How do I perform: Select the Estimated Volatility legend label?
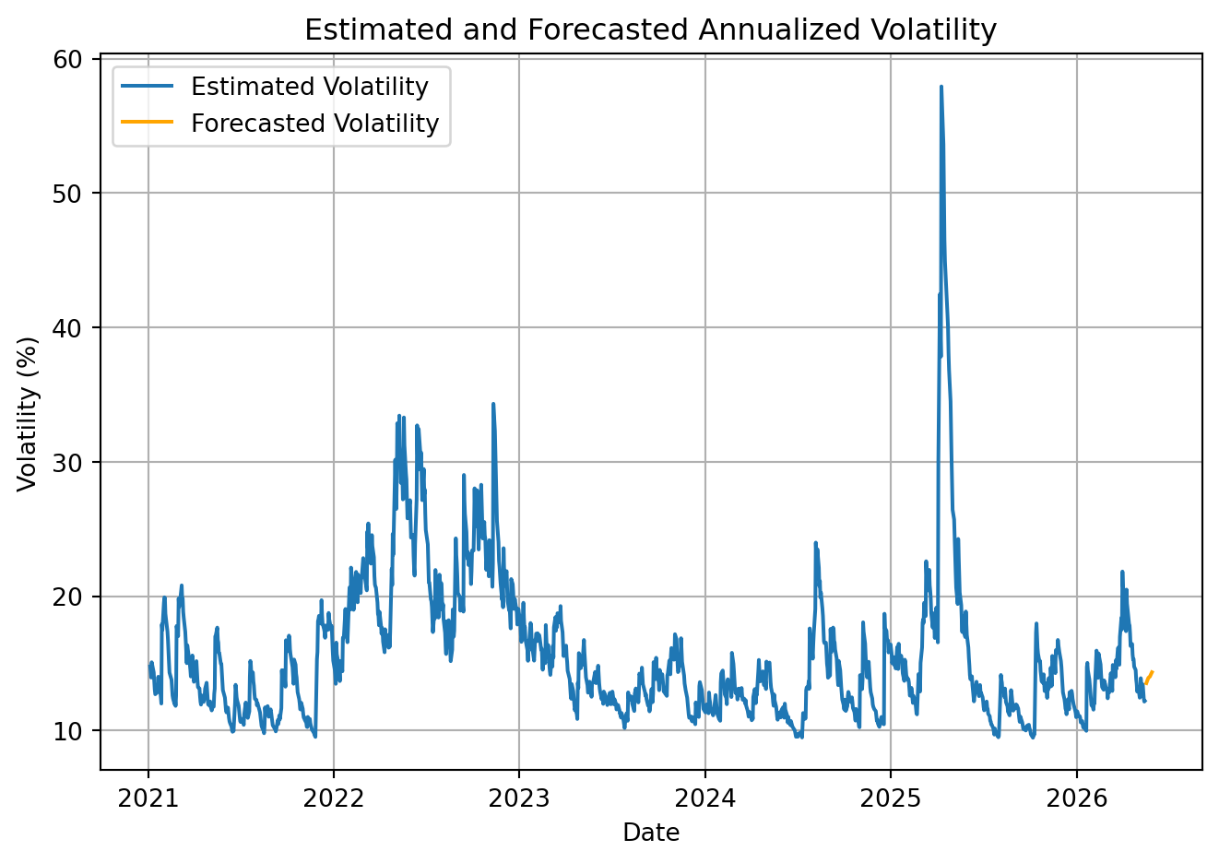[x=310, y=87]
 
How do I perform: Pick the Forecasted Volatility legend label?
[x=315, y=123]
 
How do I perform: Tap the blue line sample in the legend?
[x=147, y=86]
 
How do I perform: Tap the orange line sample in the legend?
[x=147, y=122]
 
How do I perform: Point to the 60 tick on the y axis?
[x=67, y=60]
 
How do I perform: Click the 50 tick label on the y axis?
[x=67, y=194]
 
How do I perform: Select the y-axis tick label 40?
[x=67, y=328]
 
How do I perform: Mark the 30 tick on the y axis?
[x=67, y=463]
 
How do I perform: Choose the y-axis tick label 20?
[x=67, y=597]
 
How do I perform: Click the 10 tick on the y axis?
[x=67, y=731]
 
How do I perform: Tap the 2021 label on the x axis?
[x=148, y=798]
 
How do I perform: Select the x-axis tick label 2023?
[x=519, y=798]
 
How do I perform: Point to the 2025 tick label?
[x=891, y=798]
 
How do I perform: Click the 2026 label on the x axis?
[x=1077, y=798]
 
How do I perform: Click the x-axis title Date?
[x=651, y=833]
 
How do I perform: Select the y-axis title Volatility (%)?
[x=27, y=414]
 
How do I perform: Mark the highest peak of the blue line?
[x=941, y=87]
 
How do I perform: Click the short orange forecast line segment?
[x=1149, y=678]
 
